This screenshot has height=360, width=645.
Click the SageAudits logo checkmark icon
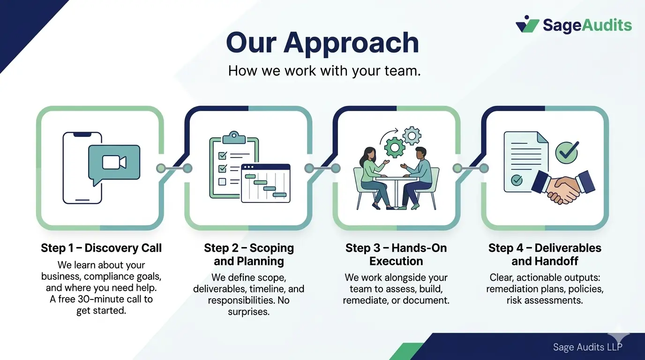527,24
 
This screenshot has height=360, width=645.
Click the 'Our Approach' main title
322,43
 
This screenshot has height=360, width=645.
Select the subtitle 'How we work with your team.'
324,71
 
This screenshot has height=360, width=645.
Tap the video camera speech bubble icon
114,162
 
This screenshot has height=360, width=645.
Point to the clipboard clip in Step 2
234,137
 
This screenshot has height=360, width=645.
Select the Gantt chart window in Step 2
265,183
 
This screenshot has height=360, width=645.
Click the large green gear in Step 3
395,147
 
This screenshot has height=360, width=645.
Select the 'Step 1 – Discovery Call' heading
101,248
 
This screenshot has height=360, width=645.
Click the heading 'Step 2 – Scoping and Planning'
249,255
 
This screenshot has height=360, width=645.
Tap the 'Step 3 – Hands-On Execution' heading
396,255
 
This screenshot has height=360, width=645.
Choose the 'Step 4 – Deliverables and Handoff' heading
545,255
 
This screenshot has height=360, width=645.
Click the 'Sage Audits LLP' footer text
587,347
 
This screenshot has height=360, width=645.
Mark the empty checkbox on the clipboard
223,181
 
